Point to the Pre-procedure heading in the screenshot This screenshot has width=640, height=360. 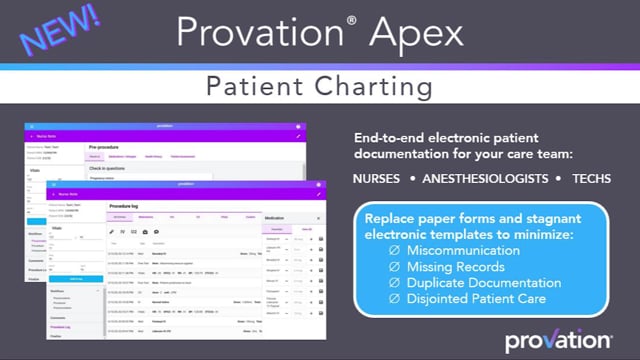pyautogui.click(x=105, y=145)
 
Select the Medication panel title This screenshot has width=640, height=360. pyautogui.click(x=279, y=216)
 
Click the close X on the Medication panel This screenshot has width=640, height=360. pyautogui.click(x=318, y=216)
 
